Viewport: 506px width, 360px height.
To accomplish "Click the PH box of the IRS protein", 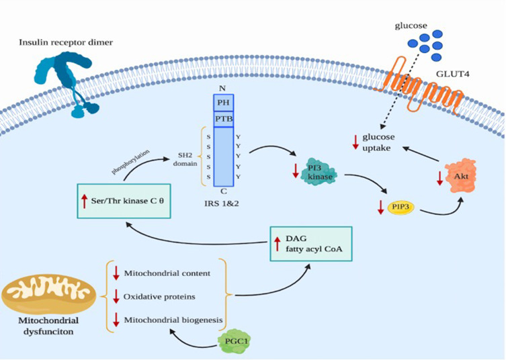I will click(x=223, y=102).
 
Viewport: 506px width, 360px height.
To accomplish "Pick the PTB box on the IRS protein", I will click(x=223, y=120).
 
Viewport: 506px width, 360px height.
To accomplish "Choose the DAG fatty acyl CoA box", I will click(x=312, y=243).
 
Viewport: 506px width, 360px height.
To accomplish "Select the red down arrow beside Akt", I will click(x=441, y=178).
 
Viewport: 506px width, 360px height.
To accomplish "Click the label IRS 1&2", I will click(x=224, y=200).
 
